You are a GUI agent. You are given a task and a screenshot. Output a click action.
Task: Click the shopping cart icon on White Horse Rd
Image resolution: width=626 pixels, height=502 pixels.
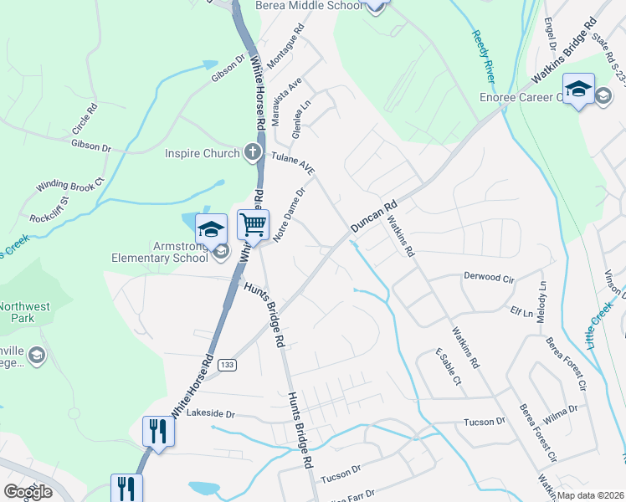[253, 224]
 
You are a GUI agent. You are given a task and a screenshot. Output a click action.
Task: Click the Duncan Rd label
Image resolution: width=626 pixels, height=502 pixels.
[373, 216]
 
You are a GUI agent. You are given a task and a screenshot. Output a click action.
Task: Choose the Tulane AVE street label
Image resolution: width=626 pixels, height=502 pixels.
[292, 163]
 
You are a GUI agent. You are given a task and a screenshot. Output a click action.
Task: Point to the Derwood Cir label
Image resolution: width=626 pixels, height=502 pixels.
[487, 277]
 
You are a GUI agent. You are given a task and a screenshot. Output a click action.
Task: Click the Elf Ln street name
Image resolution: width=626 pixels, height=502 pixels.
[521, 312]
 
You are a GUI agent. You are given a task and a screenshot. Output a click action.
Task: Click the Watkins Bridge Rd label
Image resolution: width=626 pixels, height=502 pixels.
[567, 53]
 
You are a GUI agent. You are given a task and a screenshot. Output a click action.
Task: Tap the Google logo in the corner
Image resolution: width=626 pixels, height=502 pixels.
[28, 492]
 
